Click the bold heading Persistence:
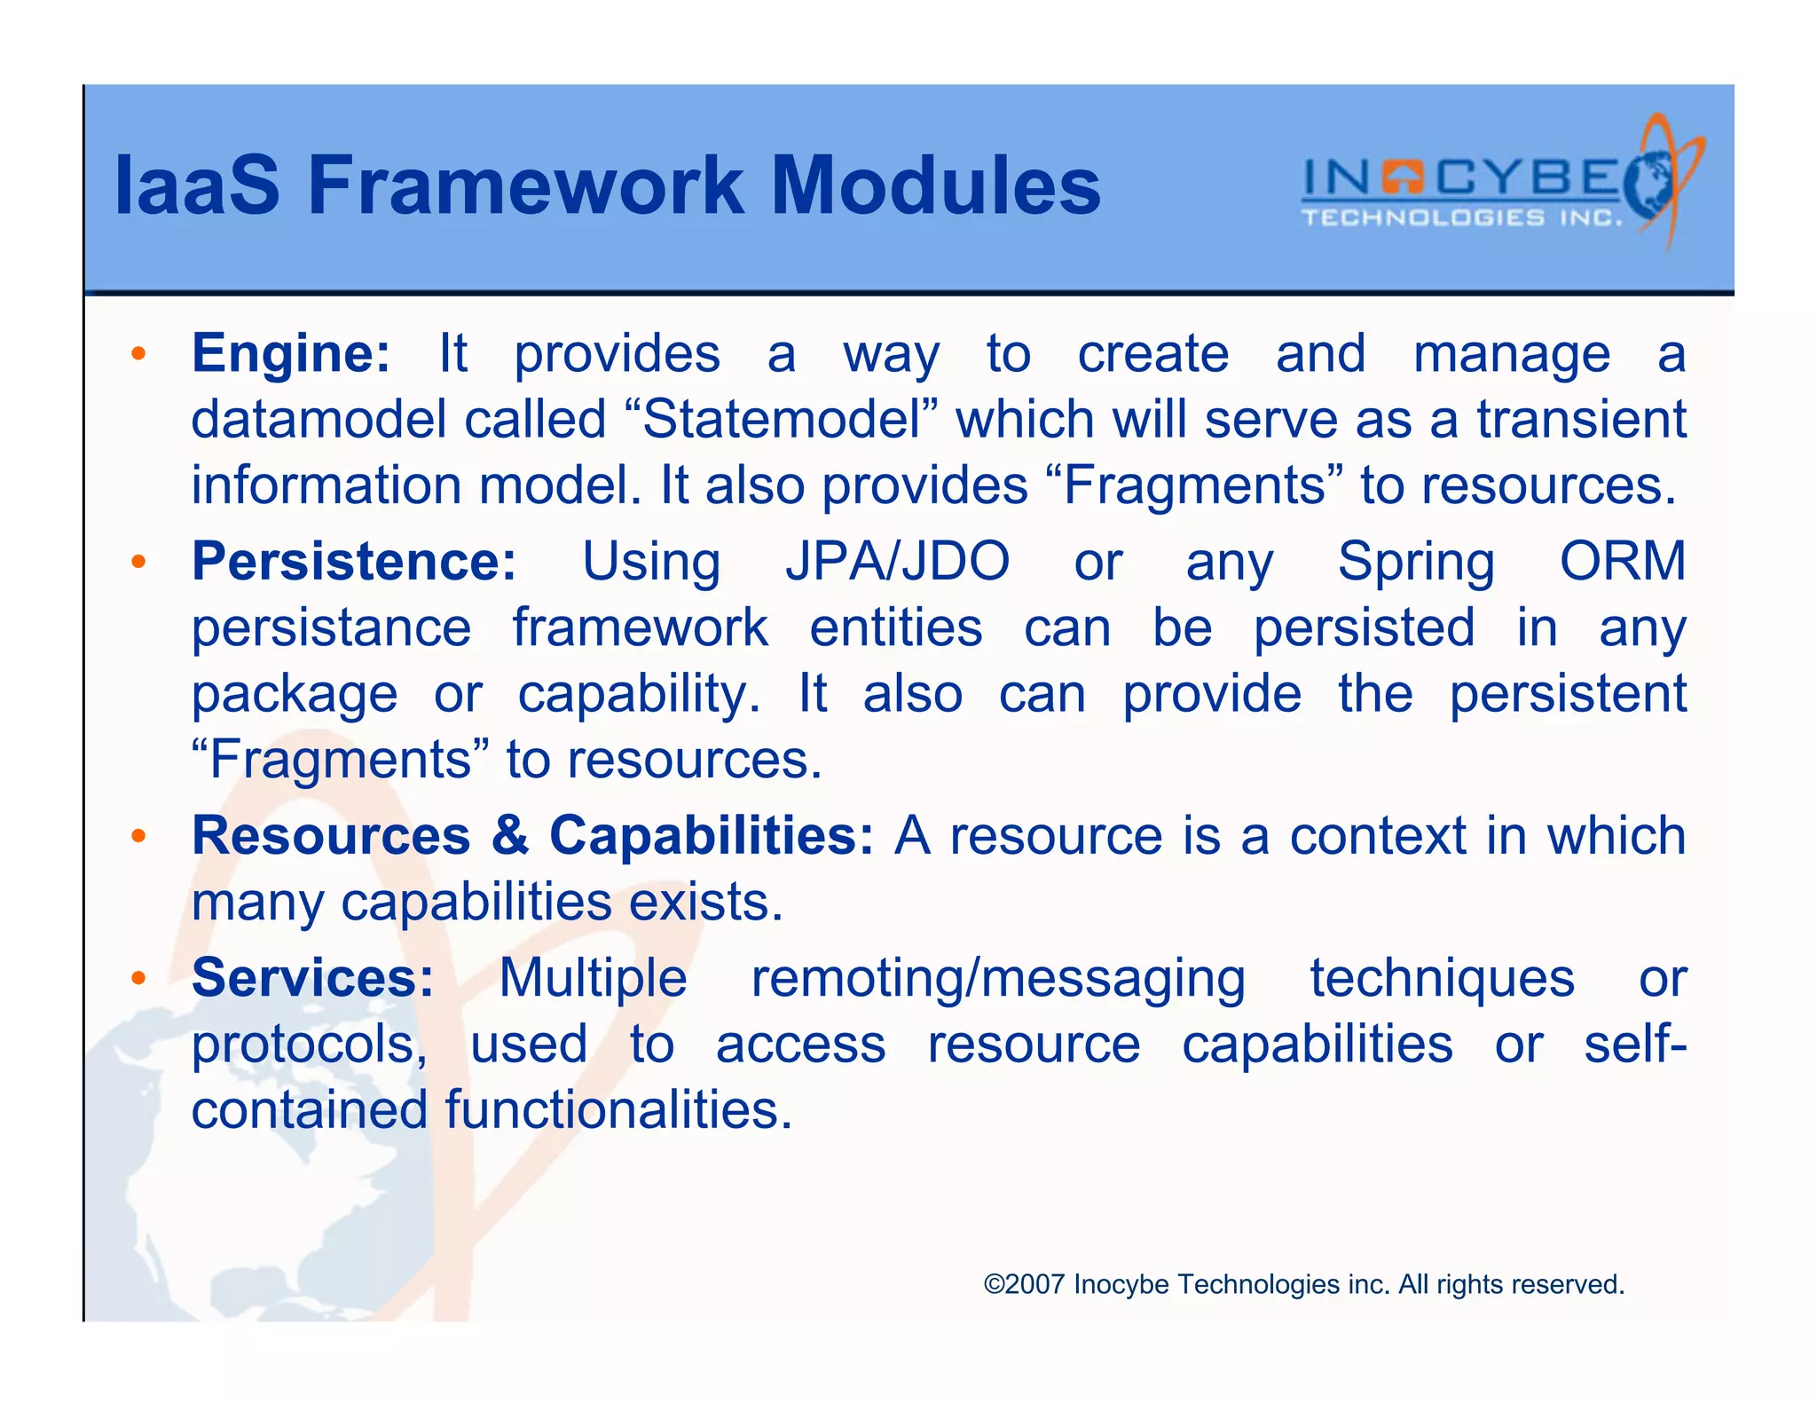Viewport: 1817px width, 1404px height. (x=354, y=561)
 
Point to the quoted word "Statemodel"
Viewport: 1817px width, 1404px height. (x=781, y=419)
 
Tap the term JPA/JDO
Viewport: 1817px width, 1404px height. (x=897, y=561)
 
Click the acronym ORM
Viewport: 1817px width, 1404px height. (x=1622, y=561)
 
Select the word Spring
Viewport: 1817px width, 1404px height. (x=1416, y=563)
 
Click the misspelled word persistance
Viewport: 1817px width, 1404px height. (x=331, y=628)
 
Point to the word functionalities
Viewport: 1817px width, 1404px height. (x=617, y=1110)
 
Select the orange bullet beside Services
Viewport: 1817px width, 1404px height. (x=138, y=979)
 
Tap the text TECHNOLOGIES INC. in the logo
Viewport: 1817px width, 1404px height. (x=1460, y=218)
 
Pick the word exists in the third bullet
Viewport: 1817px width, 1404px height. (x=704, y=903)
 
